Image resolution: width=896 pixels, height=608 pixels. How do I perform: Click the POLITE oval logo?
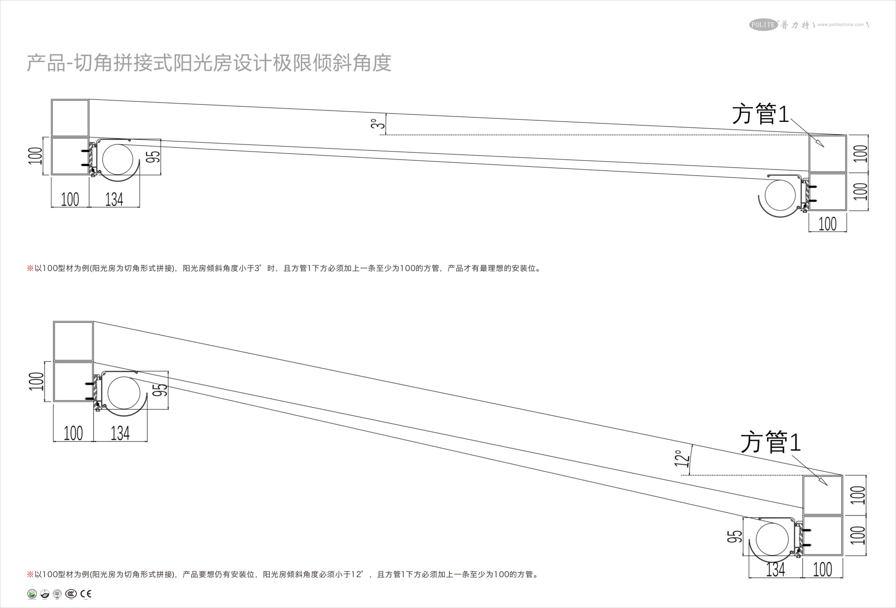click(763, 25)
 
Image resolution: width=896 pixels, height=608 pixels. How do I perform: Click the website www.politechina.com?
click(840, 25)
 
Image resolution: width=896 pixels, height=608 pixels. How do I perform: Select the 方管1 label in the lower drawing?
click(770, 442)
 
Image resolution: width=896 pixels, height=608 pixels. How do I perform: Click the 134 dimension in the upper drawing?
click(114, 199)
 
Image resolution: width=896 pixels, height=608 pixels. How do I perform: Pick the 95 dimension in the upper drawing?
click(154, 156)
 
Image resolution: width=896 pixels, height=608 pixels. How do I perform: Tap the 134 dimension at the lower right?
click(775, 569)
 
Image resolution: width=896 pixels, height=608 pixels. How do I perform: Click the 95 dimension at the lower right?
click(734, 536)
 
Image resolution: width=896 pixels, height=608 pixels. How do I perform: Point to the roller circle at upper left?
click(118, 159)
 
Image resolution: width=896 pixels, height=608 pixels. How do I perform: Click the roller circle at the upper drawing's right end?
click(780, 195)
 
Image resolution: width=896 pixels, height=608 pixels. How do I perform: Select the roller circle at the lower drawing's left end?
click(124, 393)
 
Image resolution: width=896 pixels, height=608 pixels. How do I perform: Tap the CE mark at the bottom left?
click(86, 594)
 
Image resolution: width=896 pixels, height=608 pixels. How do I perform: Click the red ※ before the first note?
click(30, 268)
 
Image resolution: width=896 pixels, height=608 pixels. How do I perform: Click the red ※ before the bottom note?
click(30, 574)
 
